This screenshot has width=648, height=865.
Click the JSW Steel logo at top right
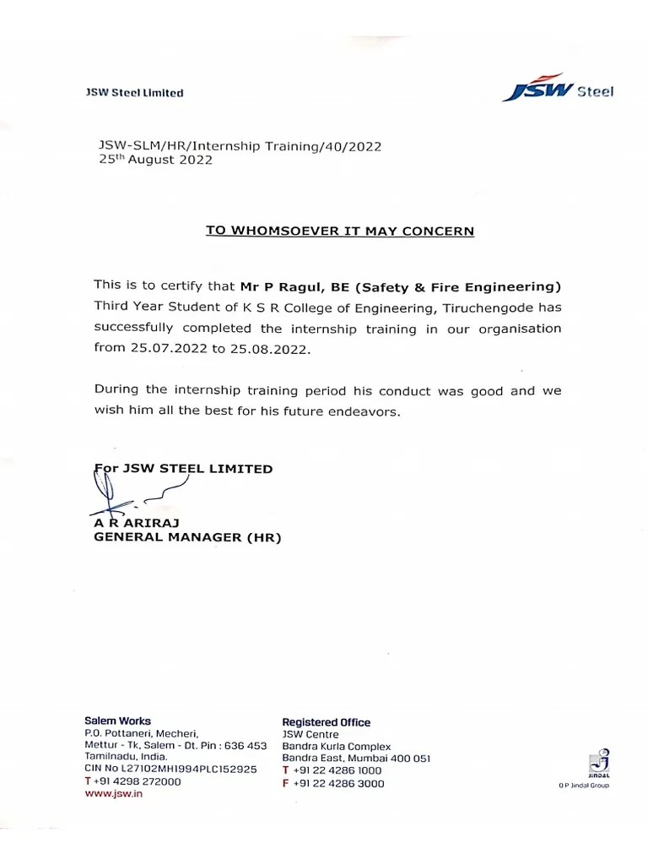tap(558, 90)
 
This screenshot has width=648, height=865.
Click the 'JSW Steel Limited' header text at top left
tap(134, 93)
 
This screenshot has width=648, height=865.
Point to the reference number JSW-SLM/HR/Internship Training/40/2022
tap(240, 146)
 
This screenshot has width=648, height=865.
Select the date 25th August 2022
tap(156, 160)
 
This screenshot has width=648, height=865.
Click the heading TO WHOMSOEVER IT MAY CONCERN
tap(340, 231)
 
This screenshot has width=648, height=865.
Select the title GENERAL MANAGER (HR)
tap(187, 537)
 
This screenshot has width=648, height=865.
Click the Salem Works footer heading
tap(118, 721)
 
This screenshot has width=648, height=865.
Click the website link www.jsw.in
tap(114, 795)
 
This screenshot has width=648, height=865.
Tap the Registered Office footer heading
tap(326, 722)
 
